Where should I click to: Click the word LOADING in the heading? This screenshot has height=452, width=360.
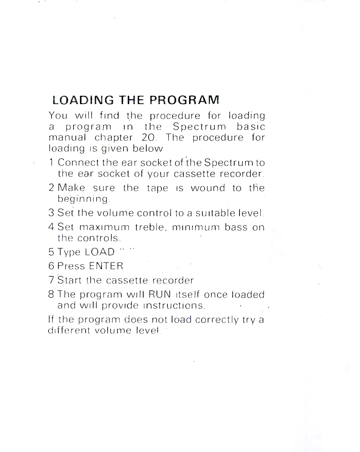pyautogui.click(x=79, y=100)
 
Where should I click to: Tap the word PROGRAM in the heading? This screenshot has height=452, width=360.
pyautogui.click(x=185, y=100)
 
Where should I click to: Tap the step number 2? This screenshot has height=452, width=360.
pyautogui.click(x=52, y=188)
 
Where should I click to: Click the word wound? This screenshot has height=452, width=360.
pyautogui.click(x=208, y=188)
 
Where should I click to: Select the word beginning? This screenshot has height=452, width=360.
pyautogui.click(x=83, y=199)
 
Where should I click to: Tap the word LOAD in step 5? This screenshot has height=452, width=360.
pyautogui.click(x=100, y=252)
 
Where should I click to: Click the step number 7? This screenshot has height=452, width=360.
pyautogui.click(x=52, y=281)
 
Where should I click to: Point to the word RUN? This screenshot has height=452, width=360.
pyautogui.click(x=160, y=295)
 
